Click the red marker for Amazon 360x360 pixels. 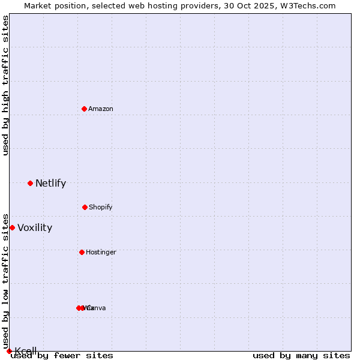[84, 109]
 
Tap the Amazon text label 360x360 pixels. [101, 109]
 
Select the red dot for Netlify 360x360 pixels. [30, 183]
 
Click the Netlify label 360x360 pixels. [50, 184]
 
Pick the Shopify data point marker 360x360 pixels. [85, 207]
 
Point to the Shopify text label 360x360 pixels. [101, 208]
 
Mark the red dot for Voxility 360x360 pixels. [12, 227]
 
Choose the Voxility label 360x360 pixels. [35, 228]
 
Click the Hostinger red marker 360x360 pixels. [82, 252]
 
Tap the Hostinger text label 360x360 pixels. [101, 253]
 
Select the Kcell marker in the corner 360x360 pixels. [9, 351]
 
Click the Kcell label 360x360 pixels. [26, 351]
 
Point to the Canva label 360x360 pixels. [97, 308]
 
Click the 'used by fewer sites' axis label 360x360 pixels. [62, 356]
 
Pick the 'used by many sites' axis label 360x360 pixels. [301, 356]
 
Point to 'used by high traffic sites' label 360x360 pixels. [5, 85]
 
